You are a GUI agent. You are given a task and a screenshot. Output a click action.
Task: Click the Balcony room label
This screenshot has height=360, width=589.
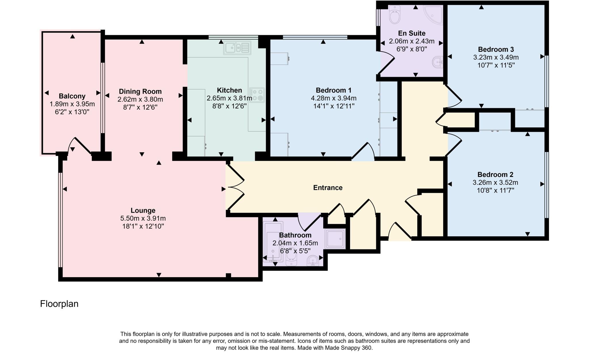pos(72,96)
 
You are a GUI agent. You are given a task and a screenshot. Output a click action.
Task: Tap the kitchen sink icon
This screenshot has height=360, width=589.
pos(237,48)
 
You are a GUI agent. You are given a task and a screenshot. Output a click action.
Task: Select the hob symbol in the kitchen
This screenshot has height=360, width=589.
pos(257,95)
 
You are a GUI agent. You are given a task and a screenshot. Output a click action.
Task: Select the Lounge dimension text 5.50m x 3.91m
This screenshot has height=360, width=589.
pos(143,218)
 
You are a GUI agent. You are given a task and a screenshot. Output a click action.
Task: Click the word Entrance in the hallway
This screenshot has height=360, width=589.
pos(328,188)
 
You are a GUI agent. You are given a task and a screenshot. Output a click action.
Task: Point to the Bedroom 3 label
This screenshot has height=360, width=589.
pos(496,49)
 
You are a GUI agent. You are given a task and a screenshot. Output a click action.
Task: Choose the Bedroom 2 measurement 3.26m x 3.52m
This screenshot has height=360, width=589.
pos(495,182)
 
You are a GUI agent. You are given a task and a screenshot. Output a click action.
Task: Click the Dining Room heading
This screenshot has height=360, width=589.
pos(140,92)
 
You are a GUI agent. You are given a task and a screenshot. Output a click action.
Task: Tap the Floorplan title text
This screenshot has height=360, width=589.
pos(59,304)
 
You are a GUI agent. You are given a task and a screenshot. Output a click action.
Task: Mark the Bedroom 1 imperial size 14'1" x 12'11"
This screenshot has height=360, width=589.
pos(334,106)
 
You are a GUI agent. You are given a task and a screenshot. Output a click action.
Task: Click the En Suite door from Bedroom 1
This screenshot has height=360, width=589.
pos(386,62)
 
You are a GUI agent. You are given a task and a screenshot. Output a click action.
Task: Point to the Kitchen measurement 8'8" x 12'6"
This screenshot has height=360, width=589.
pos(229,106)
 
